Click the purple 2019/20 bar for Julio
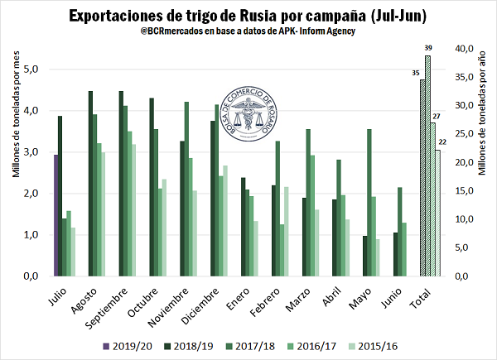[56, 215]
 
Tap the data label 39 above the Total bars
[427, 48]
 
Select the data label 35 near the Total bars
[415, 73]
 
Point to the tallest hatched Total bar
[427, 166]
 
